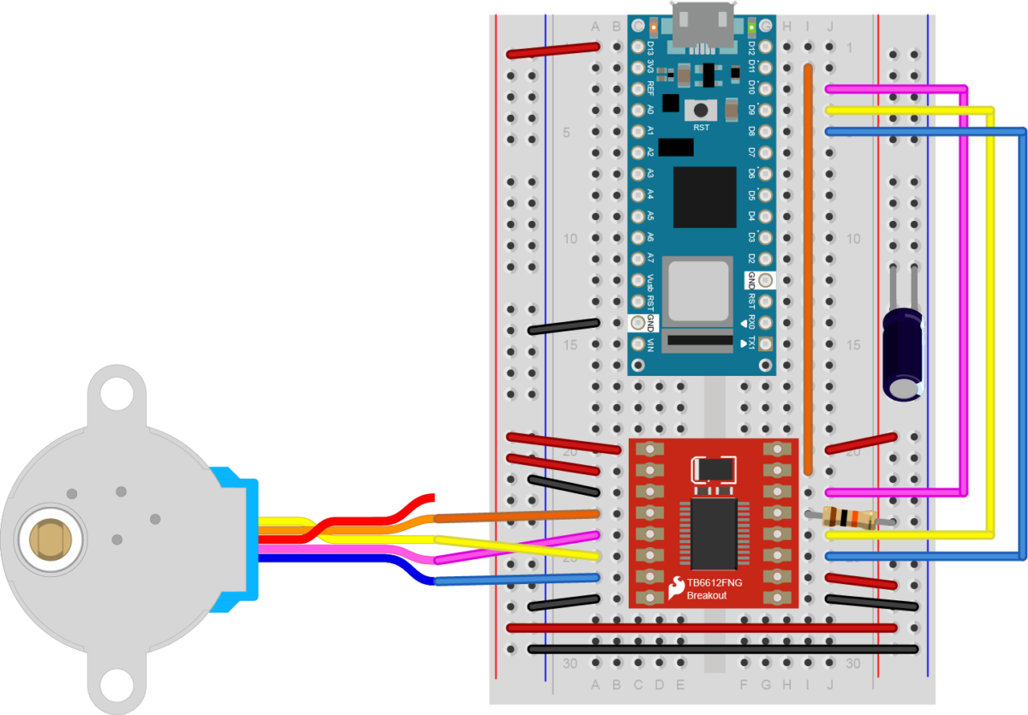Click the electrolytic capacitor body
click(x=903, y=351)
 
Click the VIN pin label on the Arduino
click(x=650, y=344)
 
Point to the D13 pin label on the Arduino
click(x=650, y=48)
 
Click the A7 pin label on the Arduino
click(x=650, y=258)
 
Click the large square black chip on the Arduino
click(x=704, y=197)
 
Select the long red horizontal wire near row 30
click(x=702, y=628)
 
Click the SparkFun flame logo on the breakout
click(x=677, y=587)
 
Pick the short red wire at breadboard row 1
click(x=553, y=51)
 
